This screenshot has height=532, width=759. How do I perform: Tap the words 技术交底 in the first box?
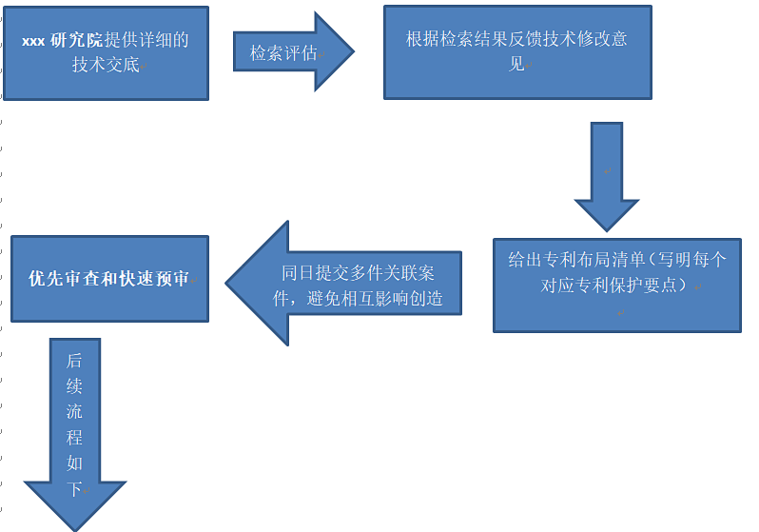click(106, 65)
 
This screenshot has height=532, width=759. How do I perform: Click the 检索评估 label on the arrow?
click(283, 53)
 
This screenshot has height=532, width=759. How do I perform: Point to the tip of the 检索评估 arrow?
click(352, 52)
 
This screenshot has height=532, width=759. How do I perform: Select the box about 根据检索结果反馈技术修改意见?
click(517, 52)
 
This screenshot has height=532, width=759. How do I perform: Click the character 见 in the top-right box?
click(517, 65)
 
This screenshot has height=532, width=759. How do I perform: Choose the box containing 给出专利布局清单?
click(616, 285)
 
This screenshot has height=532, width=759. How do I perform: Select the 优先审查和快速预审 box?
click(108, 279)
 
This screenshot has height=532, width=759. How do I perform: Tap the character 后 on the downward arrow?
click(74, 362)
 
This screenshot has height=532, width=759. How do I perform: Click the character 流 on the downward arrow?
click(74, 412)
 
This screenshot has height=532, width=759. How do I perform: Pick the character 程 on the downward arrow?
click(74, 438)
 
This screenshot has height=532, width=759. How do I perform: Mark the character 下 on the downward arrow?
click(74, 489)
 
